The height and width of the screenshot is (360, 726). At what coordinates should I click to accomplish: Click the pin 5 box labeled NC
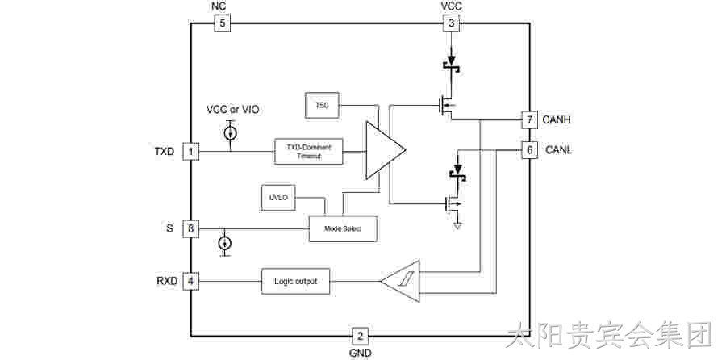pyautogui.click(x=222, y=23)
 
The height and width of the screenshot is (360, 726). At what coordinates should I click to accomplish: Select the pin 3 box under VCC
pyautogui.click(x=452, y=23)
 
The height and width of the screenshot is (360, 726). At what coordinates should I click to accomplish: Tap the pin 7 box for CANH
pyautogui.click(x=529, y=120)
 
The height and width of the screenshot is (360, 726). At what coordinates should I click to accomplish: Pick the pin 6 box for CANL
pyautogui.click(x=529, y=150)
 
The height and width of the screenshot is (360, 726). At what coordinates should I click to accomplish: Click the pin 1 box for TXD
pyautogui.click(x=190, y=152)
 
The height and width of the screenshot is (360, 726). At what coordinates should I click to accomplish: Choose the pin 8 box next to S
pyautogui.click(x=190, y=229)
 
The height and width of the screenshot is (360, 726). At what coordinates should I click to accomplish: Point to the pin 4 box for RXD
pyautogui.click(x=190, y=281)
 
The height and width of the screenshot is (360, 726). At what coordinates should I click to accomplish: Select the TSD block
pyautogui.click(x=322, y=105)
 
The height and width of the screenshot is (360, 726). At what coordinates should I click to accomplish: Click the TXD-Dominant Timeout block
pyautogui.click(x=309, y=151)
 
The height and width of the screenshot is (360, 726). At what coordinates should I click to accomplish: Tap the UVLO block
pyautogui.click(x=278, y=198)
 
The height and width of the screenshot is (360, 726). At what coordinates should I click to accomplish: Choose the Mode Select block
pyautogui.click(x=343, y=228)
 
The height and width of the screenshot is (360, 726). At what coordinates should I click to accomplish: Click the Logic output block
pyautogui.click(x=296, y=281)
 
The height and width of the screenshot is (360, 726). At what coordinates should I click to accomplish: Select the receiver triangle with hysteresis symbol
pyautogui.click(x=401, y=281)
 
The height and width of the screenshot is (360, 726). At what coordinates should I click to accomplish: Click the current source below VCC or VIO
pyautogui.click(x=231, y=133)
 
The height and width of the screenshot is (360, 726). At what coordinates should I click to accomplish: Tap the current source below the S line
pyautogui.click(x=225, y=243)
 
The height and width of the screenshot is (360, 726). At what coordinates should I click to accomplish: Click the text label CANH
pyautogui.click(x=557, y=120)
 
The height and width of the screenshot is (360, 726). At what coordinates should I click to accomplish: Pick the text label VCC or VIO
pyautogui.click(x=233, y=110)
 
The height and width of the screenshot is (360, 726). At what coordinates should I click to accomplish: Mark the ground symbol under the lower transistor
pyautogui.click(x=458, y=226)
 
